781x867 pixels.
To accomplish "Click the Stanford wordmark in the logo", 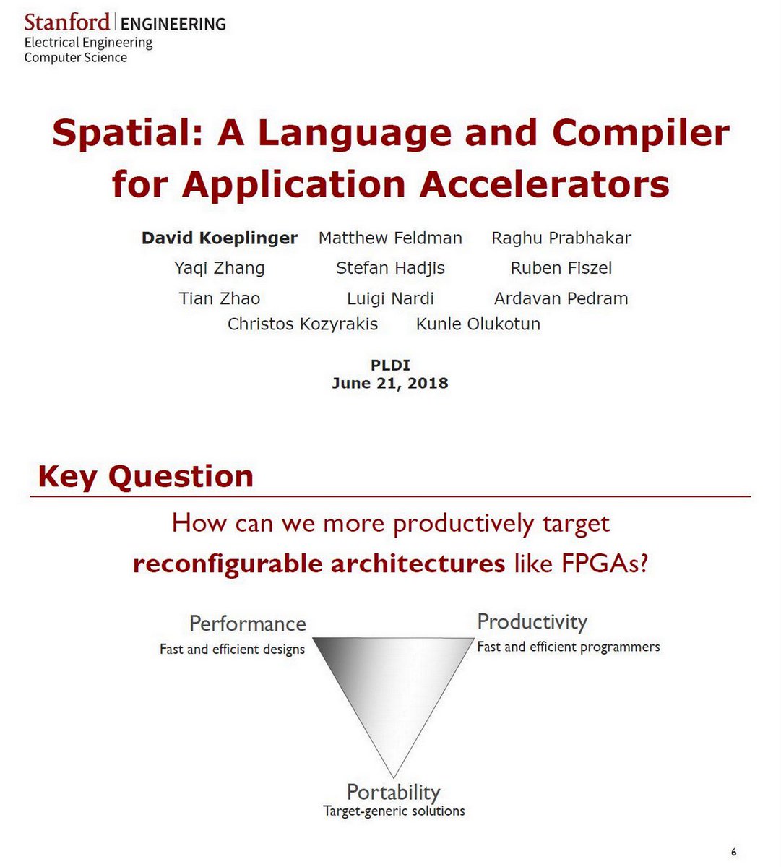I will click(66, 22).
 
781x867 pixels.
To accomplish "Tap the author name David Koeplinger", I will click(220, 238).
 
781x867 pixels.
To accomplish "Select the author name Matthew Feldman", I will click(390, 238).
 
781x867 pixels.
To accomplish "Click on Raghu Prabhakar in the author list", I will click(561, 238).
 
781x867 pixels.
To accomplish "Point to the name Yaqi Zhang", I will click(220, 269).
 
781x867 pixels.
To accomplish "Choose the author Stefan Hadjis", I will click(390, 269).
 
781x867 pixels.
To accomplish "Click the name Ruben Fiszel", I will click(561, 269).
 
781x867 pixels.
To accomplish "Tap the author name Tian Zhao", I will click(220, 298).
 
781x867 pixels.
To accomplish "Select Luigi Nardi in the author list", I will click(390, 298).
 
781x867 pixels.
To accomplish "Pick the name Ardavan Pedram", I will click(561, 298).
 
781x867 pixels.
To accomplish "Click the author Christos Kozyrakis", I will click(303, 324).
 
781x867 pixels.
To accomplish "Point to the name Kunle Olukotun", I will click(478, 324).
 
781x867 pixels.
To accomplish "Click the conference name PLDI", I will click(390, 366).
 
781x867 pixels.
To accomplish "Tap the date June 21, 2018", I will click(390, 383).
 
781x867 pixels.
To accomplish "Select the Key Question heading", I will click(146, 477).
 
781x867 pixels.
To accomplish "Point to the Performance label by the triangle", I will click(248, 624).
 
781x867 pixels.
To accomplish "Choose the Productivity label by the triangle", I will click(532, 622).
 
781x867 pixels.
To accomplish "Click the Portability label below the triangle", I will click(394, 792).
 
